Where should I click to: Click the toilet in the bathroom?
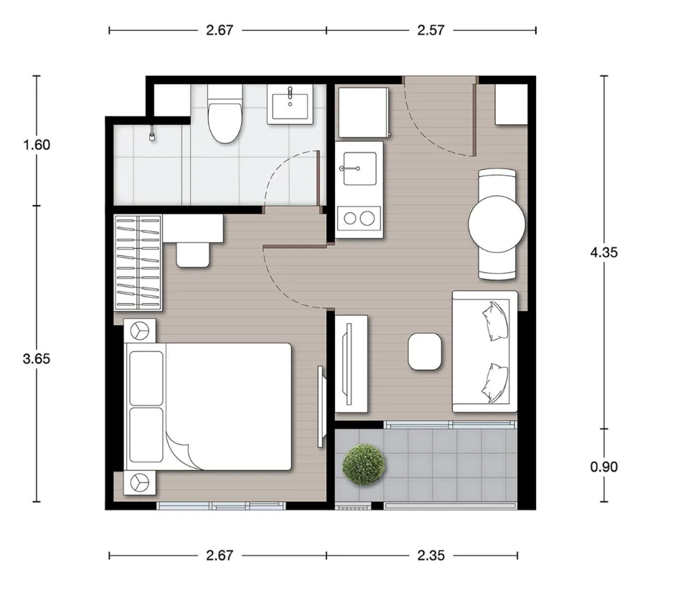[225, 114]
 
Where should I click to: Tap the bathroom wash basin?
[290, 104]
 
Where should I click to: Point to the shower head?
[152, 134]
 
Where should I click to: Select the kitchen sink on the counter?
[359, 168]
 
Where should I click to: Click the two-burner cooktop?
[359, 218]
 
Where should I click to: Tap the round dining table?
[496, 224]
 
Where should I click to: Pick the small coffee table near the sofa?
[425, 351]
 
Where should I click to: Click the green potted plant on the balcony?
[363, 465]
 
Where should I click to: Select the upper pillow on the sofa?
[496, 320]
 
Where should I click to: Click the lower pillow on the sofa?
[494, 383]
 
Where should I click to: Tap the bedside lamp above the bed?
[139, 331]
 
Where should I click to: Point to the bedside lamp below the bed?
[139, 482]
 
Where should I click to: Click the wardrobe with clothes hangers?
[138, 262]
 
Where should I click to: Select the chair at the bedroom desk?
[193, 255]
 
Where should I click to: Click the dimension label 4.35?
[603, 252]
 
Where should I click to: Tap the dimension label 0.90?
[603, 467]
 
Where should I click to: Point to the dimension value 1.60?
[37, 145]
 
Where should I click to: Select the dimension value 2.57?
[430, 30]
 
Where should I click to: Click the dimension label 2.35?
[430, 555]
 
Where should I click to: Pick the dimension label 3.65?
[37, 358]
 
